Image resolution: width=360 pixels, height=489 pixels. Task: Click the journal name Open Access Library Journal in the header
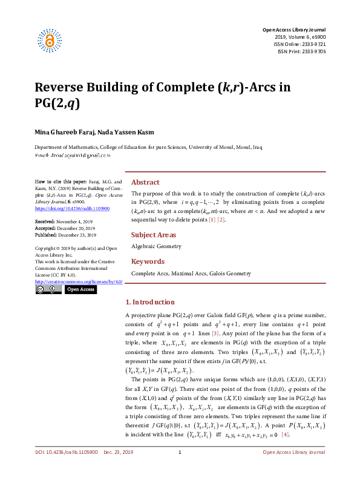(x=293, y=30)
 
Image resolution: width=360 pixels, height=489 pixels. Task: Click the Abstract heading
(x=145, y=182)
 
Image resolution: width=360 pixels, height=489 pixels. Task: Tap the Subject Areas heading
(x=154, y=235)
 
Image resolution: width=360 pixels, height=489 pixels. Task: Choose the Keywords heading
(x=148, y=261)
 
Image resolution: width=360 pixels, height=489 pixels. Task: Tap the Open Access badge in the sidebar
(x=80, y=289)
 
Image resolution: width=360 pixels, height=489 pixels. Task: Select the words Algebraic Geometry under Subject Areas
(x=156, y=247)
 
